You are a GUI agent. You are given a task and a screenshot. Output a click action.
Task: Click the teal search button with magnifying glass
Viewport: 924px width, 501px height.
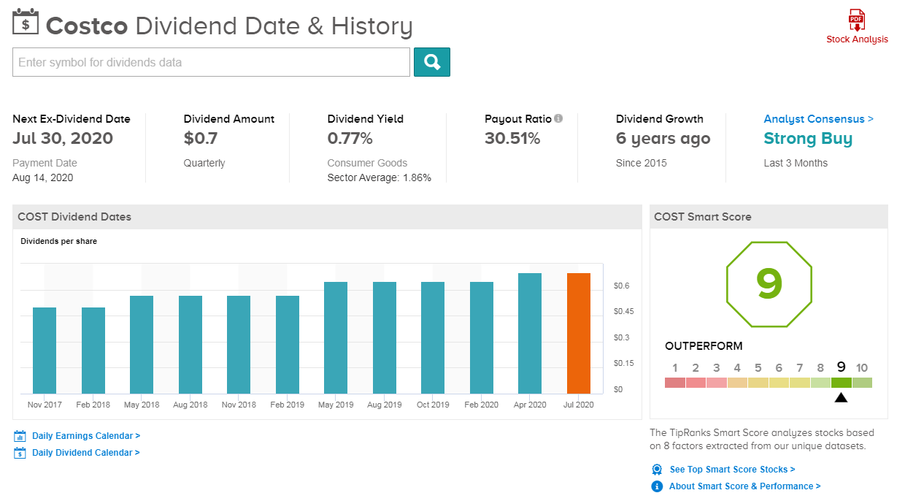click(x=432, y=62)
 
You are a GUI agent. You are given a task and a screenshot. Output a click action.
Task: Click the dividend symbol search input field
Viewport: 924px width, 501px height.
click(x=211, y=62)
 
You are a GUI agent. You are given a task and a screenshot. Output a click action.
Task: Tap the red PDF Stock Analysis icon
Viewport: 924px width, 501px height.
click(x=857, y=20)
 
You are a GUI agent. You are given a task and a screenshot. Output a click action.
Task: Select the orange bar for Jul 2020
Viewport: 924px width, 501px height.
click(x=579, y=334)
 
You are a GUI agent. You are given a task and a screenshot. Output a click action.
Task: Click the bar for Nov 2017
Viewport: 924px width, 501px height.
click(x=45, y=351)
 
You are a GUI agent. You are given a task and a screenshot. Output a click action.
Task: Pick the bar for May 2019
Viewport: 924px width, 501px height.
click(x=336, y=338)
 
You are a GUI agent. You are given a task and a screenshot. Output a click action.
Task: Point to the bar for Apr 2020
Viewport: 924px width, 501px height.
click(x=530, y=334)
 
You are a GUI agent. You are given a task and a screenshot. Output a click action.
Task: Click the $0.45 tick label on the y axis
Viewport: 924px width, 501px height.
click(x=624, y=311)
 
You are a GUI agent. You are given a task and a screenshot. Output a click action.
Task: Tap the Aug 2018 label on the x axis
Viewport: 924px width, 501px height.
click(x=190, y=405)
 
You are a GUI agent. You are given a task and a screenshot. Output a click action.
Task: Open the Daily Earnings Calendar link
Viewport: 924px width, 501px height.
click(x=86, y=436)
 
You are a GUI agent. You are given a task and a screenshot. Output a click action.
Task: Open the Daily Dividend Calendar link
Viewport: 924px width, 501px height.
click(x=86, y=453)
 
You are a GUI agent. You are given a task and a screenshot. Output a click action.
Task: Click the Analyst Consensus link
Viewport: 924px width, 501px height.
click(x=818, y=119)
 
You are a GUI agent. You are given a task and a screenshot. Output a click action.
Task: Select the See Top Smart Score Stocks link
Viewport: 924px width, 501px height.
click(x=732, y=470)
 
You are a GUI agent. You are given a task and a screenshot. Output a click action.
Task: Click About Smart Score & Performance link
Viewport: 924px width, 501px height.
click(x=745, y=486)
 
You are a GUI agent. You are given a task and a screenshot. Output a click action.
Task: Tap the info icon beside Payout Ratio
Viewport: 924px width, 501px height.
click(x=558, y=118)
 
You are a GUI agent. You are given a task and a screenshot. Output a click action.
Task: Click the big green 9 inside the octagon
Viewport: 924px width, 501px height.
click(x=769, y=283)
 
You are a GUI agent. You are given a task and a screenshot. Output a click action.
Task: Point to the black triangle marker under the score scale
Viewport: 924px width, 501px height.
click(x=841, y=398)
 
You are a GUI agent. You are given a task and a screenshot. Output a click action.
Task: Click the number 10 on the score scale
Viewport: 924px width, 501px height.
click(x=862, y=367)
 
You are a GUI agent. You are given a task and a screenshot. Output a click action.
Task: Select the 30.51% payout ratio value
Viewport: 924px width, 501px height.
click(x=512, y=138)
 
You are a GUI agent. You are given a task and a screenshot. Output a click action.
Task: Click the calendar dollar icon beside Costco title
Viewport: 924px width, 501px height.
click(x=26, y=22)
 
